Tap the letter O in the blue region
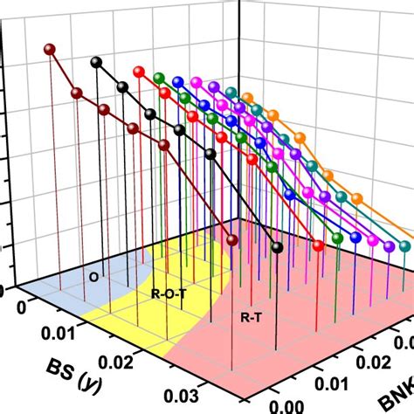pyautogui.click(x=93, y=277)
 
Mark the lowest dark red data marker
pyautogui.click(x=232, y=240)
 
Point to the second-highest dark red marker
pyautogui.click(x=77, y=93)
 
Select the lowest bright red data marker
pyautogui.click(x=318, y=246)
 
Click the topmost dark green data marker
pyautogui.click(x=158, y=77)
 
